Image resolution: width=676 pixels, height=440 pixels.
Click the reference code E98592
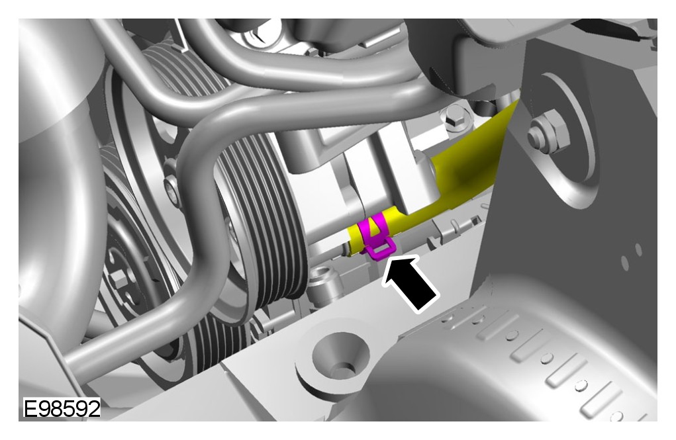tap(62, 408)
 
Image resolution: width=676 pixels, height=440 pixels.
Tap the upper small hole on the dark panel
tap(638, 249)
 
